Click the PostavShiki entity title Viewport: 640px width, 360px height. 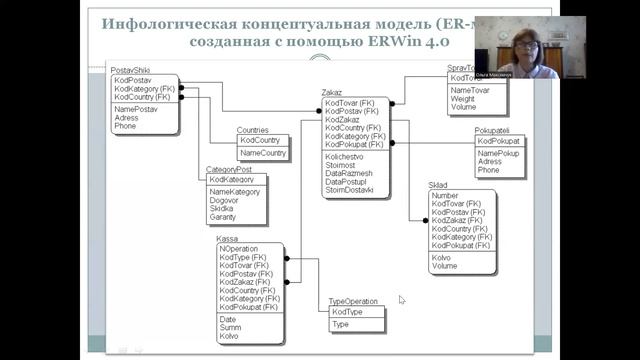coord(131,68)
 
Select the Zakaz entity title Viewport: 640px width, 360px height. coord(332,92)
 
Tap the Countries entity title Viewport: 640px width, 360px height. coord(253,130)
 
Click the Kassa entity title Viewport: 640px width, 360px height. coord(227,239)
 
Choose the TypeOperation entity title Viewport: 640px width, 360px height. coord(353,301)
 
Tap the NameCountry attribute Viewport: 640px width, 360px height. coord(263,153)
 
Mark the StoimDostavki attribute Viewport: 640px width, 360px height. coord(349,191)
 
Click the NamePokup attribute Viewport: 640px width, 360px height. coord(499,153)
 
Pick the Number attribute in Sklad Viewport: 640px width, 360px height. coord(445,196)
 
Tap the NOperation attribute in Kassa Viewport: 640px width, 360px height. coord(239,248)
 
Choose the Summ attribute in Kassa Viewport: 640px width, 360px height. coord(230,327)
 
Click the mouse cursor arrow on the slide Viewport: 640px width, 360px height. coord(402,299)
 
